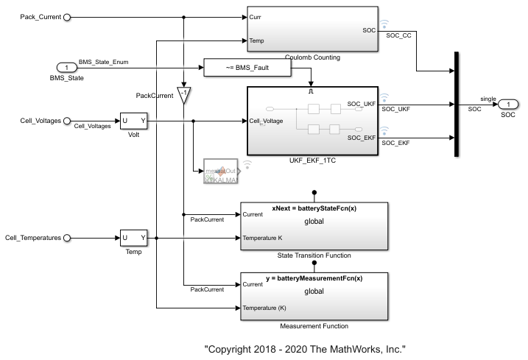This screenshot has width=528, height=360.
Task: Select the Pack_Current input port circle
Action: point(68,17)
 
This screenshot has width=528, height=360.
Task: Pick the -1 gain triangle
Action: point(183,95)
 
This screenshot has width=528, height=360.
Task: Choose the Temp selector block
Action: point(134,238)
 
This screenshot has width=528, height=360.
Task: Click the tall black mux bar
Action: point(458,104)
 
